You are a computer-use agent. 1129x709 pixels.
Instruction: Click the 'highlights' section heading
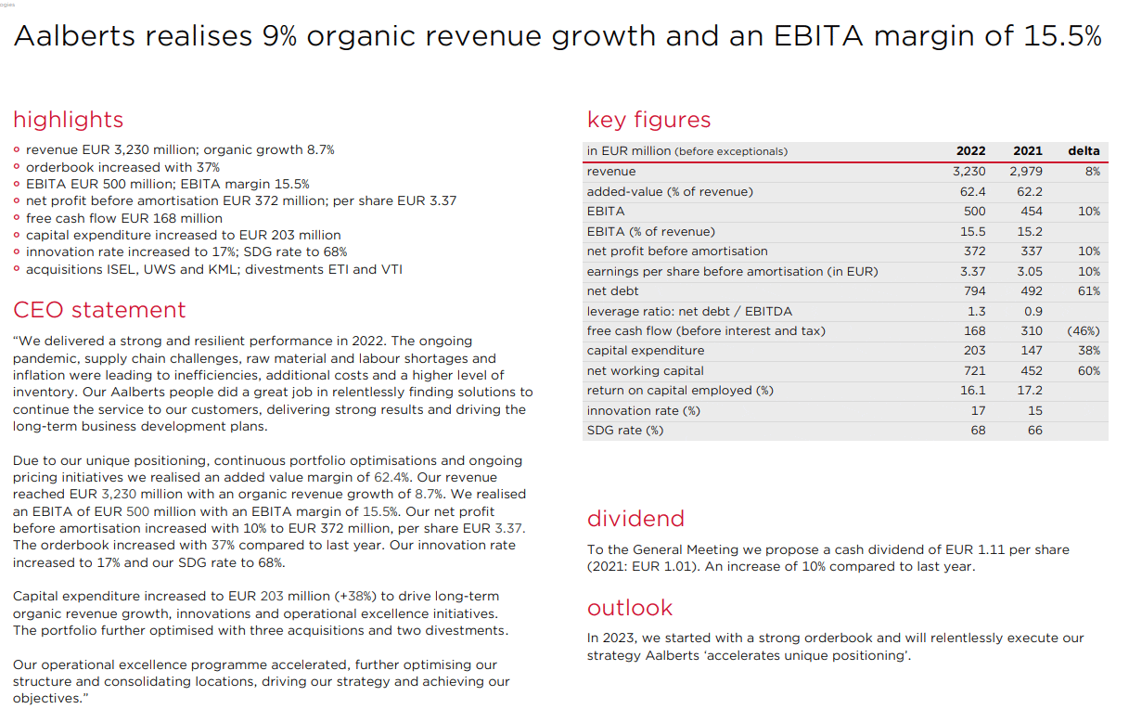pyautogui.click(x=68, y=121)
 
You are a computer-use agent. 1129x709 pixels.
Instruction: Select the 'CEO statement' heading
pyautogui.click(x=99, y=310)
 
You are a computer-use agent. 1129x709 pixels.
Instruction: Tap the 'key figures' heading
pyautogui.click(x=648, y=121)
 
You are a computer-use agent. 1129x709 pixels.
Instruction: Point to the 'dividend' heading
pyautogui.click(x=635, y=519)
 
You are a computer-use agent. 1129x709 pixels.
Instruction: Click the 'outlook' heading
pyautogui.click(x=630, y=608)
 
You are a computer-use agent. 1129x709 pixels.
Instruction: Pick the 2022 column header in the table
pyautogui.click(x=970, y=150)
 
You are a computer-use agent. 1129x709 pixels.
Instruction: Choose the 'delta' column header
pyautogui.click(x=1084, y=150)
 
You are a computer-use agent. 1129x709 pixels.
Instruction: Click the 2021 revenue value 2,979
pyautogui.click(x=1026, y=172)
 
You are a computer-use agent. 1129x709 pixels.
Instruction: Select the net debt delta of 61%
pyautogui.click(x=1089, y=291)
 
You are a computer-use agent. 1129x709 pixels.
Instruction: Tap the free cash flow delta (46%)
pyautogui.click(x=1084, y=330)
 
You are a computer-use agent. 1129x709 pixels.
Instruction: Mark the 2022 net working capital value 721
pyautogui.click(x=974, y=370)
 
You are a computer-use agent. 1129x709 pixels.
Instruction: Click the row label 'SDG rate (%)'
pyautogui.click(x=625, y=431)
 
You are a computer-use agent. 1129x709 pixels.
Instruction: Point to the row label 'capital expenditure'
pyautogui.click(x=646, y=351)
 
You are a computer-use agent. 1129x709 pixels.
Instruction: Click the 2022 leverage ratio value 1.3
pyautogui.click(x=976, y=311)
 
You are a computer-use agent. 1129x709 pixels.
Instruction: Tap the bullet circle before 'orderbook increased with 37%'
pyautogui.click(x=17, y=166)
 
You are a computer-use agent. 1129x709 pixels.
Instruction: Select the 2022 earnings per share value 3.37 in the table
pyautogui.click(x=973, y=271)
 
